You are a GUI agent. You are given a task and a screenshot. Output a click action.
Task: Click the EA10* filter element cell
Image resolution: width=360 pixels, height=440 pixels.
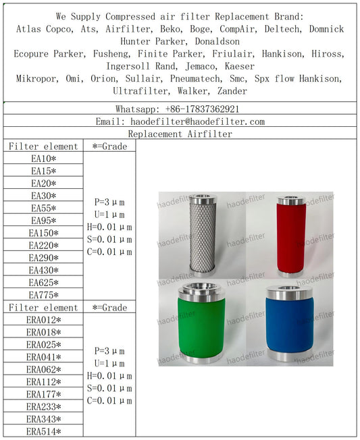43,159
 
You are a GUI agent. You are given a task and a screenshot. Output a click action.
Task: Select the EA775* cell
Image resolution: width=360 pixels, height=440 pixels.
43,295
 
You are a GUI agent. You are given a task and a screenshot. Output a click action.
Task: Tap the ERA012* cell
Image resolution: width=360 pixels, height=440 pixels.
43,320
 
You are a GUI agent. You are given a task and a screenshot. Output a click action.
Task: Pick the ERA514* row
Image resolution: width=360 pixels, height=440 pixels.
43,432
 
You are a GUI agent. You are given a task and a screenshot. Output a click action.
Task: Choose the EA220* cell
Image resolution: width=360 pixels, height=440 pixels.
43,246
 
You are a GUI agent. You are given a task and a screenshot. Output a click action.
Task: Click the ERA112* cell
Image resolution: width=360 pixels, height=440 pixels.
43,382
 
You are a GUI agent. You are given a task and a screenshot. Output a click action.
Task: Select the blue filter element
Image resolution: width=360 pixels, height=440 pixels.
289,325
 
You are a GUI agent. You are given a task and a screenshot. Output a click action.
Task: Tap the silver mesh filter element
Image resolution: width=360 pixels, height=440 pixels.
201,236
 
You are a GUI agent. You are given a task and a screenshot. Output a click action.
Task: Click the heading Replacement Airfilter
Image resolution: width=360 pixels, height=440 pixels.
180,134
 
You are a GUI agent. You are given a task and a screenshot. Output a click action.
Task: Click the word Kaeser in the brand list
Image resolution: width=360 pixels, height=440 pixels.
239,66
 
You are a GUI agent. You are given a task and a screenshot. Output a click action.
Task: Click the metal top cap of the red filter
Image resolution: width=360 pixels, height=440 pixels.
291,200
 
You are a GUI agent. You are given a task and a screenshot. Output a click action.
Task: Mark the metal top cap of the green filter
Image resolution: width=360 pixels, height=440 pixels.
201,290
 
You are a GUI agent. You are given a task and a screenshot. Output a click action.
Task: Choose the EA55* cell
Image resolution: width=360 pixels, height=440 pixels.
43,209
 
